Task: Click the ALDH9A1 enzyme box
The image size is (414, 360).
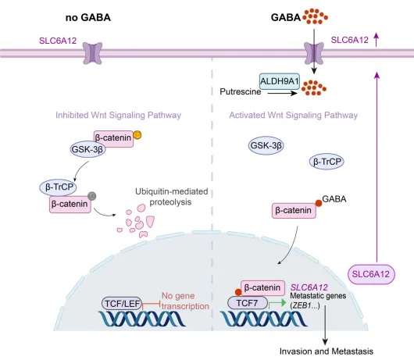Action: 280,81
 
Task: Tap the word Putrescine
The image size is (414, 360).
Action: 241,91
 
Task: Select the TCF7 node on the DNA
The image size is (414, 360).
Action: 248,303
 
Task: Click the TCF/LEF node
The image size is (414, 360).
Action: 122,304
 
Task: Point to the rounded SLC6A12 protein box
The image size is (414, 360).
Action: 371,274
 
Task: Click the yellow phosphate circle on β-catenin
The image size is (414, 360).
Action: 137,135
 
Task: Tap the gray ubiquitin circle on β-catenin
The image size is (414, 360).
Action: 92,196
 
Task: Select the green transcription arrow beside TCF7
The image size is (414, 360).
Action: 277,304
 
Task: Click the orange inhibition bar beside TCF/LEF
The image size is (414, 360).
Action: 151,305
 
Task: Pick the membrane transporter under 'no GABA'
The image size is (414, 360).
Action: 92,53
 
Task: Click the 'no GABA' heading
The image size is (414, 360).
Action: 88,18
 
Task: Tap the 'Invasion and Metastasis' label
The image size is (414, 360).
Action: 327,351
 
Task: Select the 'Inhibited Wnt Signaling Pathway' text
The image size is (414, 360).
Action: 118,115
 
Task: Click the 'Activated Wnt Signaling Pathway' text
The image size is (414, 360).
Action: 294,115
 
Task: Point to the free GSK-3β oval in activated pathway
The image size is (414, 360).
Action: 266,145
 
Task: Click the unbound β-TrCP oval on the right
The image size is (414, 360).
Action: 327,162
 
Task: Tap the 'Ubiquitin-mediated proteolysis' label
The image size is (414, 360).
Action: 172,197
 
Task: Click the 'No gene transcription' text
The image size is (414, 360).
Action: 185,301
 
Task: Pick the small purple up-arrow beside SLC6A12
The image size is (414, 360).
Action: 377,40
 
